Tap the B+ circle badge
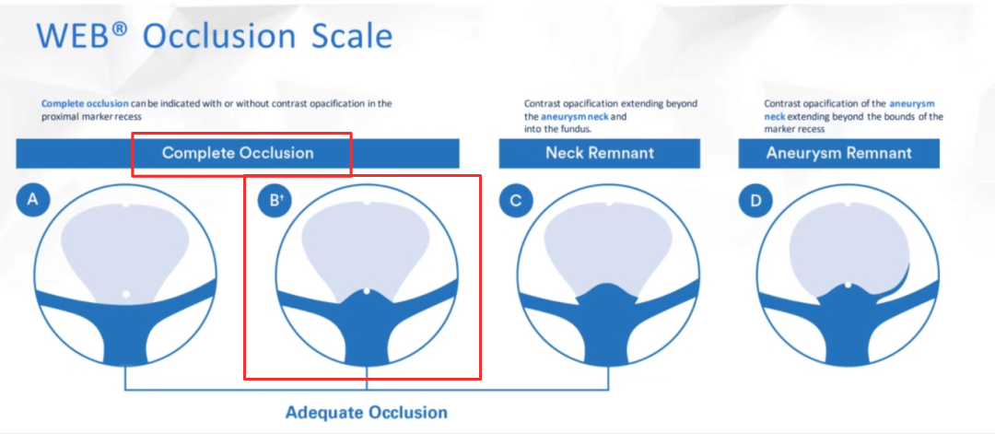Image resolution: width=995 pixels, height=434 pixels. tap(275, 201)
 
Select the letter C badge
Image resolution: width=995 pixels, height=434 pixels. tap(516, 201)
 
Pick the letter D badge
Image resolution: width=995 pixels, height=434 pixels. tap(755, 201)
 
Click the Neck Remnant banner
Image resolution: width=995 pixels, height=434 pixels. tap(600, 153)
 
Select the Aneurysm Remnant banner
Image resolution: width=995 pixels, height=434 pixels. tap(839, 153)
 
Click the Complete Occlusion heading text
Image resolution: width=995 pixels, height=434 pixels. tap(238, 153)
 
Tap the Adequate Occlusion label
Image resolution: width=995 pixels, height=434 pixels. tap(366, 413)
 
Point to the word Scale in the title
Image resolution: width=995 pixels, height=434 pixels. tap(352, 36)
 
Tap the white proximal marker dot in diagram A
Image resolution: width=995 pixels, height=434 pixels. tap(126, 294)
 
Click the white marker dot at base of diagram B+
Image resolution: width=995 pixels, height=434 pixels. tap(367, 291)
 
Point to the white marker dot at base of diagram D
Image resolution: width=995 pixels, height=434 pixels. tap(849, 286)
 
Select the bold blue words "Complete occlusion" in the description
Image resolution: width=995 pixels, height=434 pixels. tap(85, 103)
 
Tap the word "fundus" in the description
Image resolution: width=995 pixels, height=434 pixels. tap(576, 129)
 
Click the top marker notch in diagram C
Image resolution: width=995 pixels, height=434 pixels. tap(609, 204)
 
